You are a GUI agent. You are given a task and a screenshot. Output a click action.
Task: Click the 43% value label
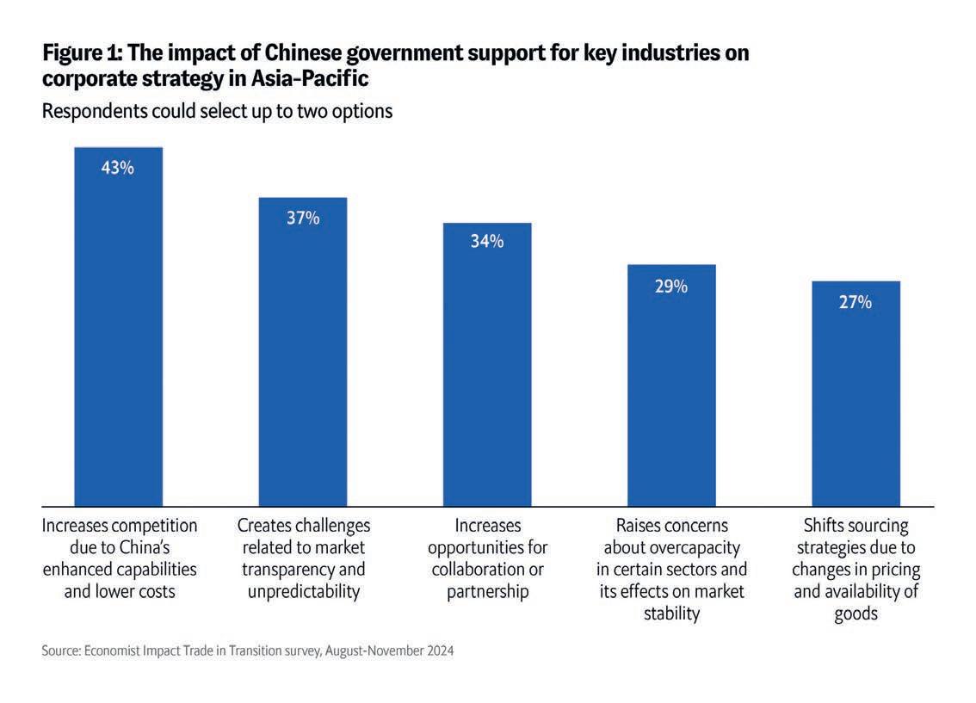(118, 169)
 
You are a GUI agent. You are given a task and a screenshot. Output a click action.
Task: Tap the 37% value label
(303, 219)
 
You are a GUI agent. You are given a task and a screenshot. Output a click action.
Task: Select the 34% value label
(487, 242)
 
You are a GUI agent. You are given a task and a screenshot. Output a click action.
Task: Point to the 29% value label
(671, 287)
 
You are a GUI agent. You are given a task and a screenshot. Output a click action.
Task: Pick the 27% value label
(856, 303)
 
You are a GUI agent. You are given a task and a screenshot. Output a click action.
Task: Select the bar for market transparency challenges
(303, 361)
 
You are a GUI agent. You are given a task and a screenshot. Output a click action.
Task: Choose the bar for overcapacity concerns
(671, 396)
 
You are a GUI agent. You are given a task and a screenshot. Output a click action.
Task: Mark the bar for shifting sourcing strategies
(856, 404)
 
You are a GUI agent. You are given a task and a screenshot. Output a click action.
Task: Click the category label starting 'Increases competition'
(120, 558)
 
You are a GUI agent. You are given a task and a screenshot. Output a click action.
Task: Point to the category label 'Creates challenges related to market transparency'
(304, 558)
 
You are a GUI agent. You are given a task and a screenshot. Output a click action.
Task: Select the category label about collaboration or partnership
(487, 558)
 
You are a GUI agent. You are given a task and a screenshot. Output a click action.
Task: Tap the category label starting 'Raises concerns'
(671, 570)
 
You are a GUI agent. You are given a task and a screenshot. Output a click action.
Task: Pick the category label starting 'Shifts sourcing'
(856, 570)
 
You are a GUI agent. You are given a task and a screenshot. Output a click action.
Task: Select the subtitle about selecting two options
(217, 112)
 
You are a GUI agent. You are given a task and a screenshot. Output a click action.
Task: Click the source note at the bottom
(247, 651)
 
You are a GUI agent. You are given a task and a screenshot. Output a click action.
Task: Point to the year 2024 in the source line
(437, 651)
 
